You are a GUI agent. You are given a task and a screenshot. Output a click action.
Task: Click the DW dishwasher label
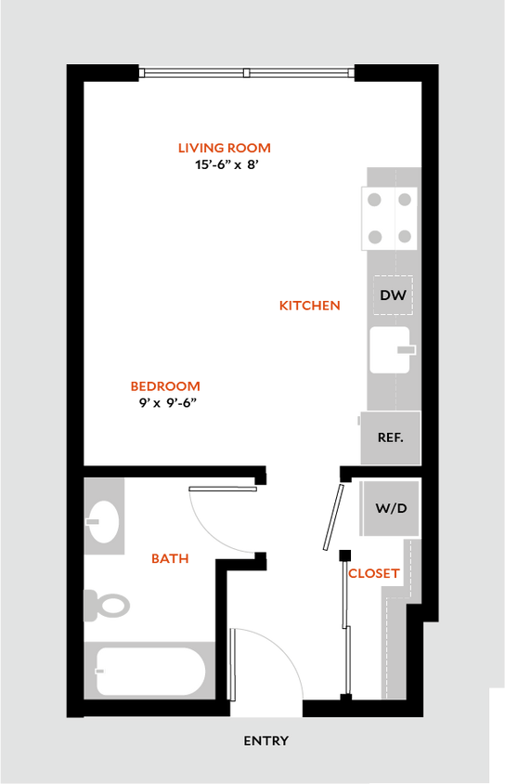[x=393, y=295]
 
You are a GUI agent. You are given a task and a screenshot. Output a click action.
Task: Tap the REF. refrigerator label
[x=390, y=438]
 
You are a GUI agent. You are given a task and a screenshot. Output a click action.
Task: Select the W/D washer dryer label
[x=391, y=508]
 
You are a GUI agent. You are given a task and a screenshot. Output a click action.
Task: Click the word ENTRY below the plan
[x=265, y=740]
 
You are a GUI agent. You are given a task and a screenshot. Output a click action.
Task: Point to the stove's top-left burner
[x=374, y=200]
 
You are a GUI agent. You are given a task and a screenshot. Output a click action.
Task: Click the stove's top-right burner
[x=405, y=200]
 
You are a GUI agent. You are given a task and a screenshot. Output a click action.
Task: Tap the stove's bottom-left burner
[x=374, y=237]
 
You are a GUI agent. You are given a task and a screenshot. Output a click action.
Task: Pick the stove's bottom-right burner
[x=405, y=237]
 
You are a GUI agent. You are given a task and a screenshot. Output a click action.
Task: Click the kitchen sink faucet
[x=407, y=350]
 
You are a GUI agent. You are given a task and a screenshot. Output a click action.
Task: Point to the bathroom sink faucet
[x=92, y=521]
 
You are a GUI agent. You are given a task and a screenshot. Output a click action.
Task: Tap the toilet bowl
[x=112, y=607]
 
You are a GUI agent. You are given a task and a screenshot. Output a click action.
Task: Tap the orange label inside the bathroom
[x=170, y=558]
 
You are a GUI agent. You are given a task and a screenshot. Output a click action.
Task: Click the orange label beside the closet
[x=374, y=573]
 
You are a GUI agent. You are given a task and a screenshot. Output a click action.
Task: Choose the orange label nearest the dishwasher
[x=310, y=305]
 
